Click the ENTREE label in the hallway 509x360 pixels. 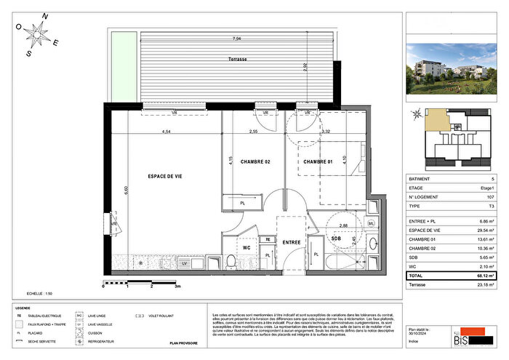coord(292,242)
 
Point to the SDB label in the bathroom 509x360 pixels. coord(337,238)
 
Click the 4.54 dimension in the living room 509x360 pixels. coord(166,132)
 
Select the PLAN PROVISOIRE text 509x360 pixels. coord(185,342)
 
